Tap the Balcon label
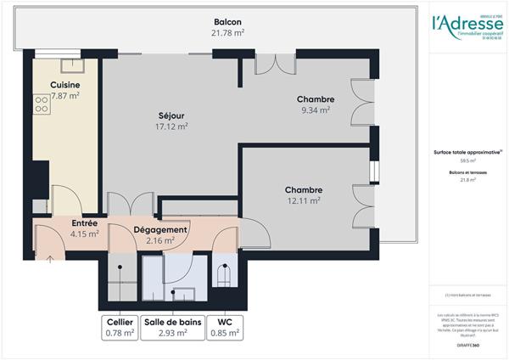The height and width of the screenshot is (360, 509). (228, 21)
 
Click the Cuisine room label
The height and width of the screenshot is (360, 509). (65, 86)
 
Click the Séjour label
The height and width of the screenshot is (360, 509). (171, 115)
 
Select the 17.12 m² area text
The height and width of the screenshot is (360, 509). (171, 127)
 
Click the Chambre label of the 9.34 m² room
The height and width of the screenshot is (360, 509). (316, 99)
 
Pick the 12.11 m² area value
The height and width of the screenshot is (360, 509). (303, 201)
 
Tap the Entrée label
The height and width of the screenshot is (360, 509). (85, 222)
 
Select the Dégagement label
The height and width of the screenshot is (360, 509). (159, 230)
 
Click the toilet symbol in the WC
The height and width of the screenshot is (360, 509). (224, 277)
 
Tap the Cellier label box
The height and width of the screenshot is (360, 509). (120, 327)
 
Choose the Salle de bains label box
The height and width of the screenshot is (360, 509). (171, 327)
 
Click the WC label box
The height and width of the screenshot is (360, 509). (224, 327)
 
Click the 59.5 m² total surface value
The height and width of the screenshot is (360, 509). (467, 160)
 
